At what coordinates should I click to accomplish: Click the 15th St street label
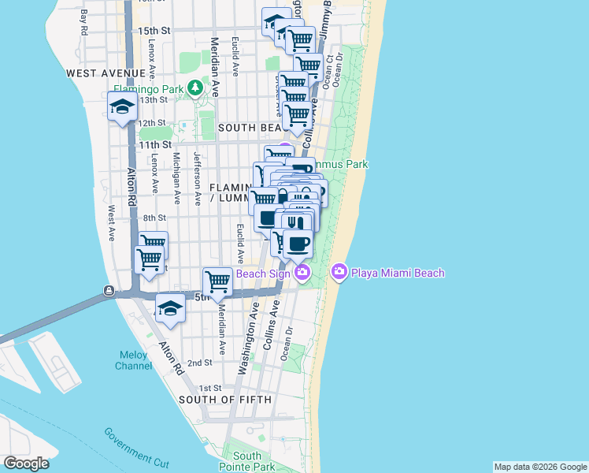[x=154, y=30]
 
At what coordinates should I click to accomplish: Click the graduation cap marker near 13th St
[x=122, y=107]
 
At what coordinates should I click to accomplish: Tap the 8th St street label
[x=154, y=218]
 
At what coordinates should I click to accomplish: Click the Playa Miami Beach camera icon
[x=339, y=273]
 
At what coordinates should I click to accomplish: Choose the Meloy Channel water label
[x=133, y=360]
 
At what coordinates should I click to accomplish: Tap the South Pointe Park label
[x=246, y=461]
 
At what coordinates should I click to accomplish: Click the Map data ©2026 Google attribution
[x=539, y=467]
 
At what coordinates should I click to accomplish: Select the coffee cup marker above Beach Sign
[x=297, y=244]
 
